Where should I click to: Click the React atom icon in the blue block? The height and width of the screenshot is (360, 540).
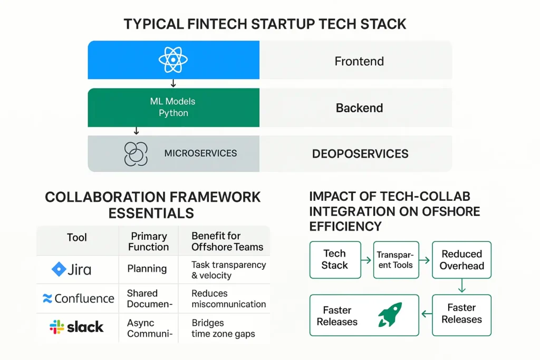click(173, 60)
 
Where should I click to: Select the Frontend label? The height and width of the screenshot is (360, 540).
click(359, 61)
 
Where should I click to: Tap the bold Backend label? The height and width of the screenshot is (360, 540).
click(359, 108)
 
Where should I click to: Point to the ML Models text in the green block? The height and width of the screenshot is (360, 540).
click(172, 101)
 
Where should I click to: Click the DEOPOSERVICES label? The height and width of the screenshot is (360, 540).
click(360, 154)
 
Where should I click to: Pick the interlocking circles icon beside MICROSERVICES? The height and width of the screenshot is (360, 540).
click(136, 154)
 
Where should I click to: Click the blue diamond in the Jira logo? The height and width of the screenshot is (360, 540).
click(59, 269)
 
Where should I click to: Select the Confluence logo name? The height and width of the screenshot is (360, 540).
click(84, 298)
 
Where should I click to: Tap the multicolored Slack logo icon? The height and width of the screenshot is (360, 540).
click(57, 327)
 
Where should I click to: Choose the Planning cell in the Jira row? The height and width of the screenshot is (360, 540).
click(147, 268)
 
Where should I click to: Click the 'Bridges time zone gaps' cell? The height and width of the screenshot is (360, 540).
click(223, 328)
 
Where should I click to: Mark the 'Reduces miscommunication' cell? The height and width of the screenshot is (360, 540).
click(229, 299)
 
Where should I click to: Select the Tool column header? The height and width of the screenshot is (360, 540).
click(77, 238)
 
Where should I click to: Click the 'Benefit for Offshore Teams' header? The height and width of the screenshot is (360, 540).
click(227, 241)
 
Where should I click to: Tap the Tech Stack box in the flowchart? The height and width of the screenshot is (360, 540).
click(335, 260)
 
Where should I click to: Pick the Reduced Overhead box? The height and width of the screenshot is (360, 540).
click(461, 260)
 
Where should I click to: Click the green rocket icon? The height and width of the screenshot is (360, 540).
click(390, 314)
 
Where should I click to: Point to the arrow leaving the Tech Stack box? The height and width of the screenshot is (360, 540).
click(367, 260)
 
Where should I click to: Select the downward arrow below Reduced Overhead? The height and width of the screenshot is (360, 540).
click(462, 286)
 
